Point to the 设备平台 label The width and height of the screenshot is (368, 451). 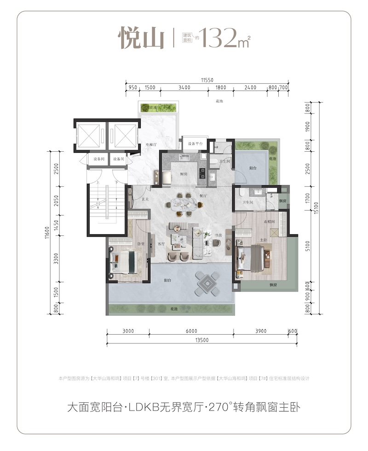195,144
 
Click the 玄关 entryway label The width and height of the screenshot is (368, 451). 145,199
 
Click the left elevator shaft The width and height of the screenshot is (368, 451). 91,135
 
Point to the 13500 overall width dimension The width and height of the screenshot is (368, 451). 202,340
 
